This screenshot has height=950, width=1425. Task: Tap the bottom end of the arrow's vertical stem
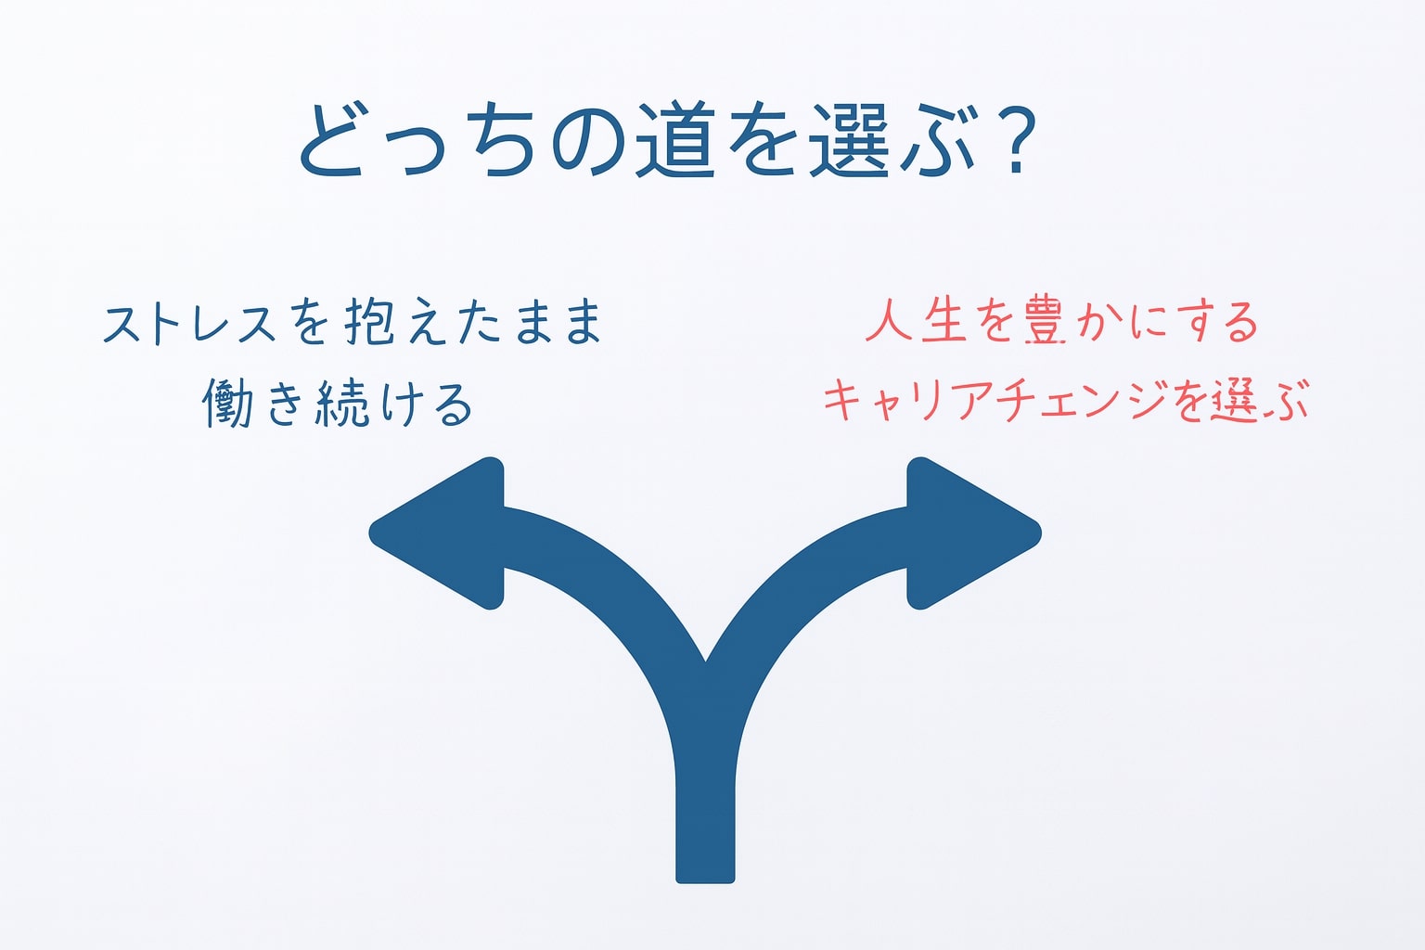pyautogui.click(x=705, y=882)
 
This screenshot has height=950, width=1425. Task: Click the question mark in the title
pyautogui.click(x=1017, y=141)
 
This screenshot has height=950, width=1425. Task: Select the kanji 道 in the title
pyautogui.click(x=674, y=140)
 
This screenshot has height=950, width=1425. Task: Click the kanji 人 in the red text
pyautogui.click(x=890, y=321)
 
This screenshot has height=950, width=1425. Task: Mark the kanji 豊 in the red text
pyautogui.click(x=1045, y=321)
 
